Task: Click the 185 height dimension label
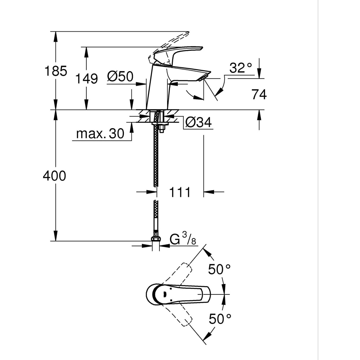click(55, 71)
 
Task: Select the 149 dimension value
click(86, 78)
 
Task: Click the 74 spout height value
click(259, 95)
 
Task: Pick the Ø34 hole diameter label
click(198, 123)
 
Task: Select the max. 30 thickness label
click(100, 134)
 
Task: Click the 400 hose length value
click(54, 176)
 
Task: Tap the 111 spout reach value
click(180, 192)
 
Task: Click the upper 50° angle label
click(219, 269)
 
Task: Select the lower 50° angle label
click(219, 318)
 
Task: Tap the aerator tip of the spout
click(206, 77)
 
